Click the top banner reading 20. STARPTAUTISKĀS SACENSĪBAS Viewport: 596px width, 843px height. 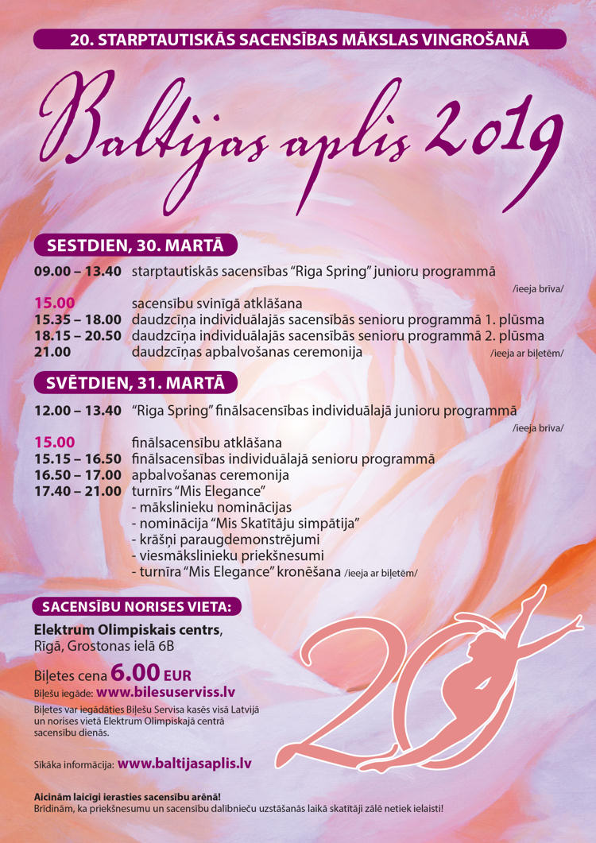[x=299, y=39]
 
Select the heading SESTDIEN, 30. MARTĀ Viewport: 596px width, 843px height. [x=135, y=244]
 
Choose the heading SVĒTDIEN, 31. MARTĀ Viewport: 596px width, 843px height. [x=135, y=382]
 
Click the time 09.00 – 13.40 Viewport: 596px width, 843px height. [x=77, y=271]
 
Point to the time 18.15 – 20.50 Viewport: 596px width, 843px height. [x=77, y=335]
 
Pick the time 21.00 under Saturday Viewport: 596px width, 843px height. [x=52, y=351]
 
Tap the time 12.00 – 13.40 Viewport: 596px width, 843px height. [x=77, y=411]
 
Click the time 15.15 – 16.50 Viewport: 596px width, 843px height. [x=77, y=458]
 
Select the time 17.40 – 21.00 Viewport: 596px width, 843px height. [x=77, y=491]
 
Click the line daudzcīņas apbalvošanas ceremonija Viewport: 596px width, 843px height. [x=247, y=351]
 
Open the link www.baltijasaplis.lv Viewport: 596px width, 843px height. [x=184, y=763]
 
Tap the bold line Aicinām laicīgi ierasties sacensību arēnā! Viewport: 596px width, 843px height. [x=127, y=796]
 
